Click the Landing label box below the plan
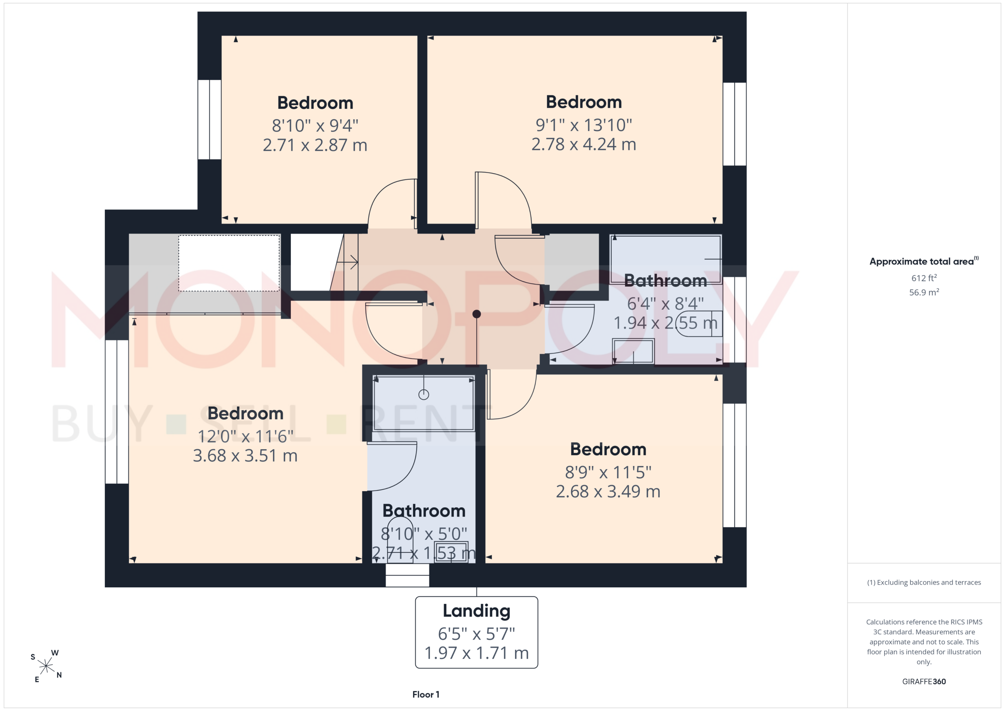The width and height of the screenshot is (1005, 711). [476, 632]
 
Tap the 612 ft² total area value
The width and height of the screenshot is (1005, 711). [924, 278]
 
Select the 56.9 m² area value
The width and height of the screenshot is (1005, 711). [924, 292]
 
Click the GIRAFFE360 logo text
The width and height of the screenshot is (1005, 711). [924, 681]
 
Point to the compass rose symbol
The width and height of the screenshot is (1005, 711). [46, 666]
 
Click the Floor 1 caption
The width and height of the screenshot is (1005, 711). [426, 695]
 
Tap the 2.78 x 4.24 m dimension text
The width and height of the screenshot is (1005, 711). [583, 144]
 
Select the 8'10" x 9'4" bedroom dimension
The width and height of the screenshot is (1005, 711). [315, 125]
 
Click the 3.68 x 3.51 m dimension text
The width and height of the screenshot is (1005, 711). [245, 455]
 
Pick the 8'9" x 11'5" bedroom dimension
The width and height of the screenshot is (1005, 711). [608, 472]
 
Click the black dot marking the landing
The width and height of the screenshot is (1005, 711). [477, 314]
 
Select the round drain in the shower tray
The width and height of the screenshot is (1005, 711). [424, 395]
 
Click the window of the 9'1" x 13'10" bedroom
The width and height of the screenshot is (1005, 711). [735, 124]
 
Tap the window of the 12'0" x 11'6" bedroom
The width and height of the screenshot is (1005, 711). [117, 411]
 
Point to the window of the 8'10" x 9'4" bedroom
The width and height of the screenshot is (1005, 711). [209, 119]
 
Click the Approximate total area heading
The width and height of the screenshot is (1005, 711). [924, 261]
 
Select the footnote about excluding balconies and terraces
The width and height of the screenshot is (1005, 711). [924, 582]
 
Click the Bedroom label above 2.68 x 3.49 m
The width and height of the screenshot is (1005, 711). [608, 449]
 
